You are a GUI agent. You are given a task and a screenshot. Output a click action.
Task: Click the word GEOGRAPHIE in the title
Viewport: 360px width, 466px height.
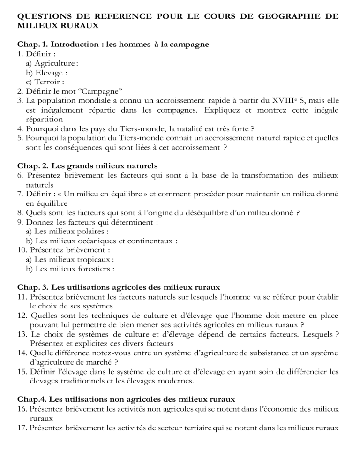(282, 16)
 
